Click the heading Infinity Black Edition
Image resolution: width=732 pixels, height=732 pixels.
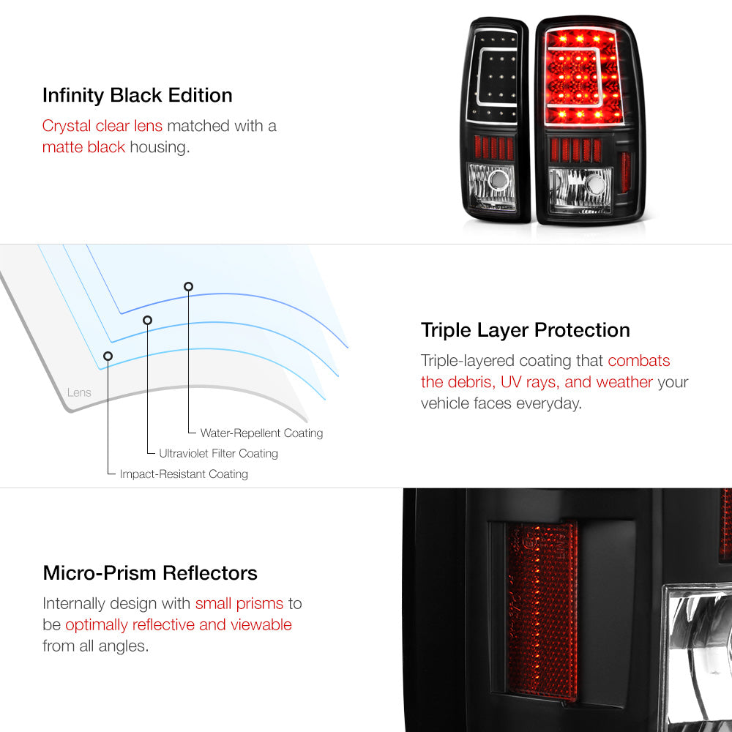[138, 95]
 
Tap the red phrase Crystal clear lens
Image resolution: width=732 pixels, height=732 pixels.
[102, 126]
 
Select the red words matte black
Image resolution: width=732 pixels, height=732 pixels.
[83, 147]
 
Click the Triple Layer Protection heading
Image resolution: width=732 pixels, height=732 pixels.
[525, 331]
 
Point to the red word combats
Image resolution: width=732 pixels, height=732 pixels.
[638, 360]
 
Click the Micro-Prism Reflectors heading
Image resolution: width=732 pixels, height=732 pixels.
[150, 573]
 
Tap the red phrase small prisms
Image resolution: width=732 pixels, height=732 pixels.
[239, 604]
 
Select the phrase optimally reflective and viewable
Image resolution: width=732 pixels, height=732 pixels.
[179, 624]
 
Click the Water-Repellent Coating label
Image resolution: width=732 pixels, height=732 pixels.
[261, 433]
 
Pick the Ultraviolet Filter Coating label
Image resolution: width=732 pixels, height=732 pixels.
[218, 453]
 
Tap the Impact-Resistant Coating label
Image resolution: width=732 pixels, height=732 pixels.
[184, 474]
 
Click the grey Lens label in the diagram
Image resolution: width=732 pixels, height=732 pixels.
[79, 392]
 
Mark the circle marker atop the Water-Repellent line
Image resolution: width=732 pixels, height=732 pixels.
[188, 287]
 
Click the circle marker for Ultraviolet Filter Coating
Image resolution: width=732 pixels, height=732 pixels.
[148, 321]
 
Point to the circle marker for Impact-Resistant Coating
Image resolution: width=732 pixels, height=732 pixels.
[108, 356]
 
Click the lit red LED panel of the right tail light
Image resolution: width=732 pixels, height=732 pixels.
[583, 77]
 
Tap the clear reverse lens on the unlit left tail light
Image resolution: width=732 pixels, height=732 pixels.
[492, 186]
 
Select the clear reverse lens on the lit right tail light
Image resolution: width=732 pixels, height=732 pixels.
[580, 190]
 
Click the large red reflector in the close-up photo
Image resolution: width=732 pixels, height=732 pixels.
[542, 610]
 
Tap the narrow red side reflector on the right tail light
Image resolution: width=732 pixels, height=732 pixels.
[625, 172]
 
